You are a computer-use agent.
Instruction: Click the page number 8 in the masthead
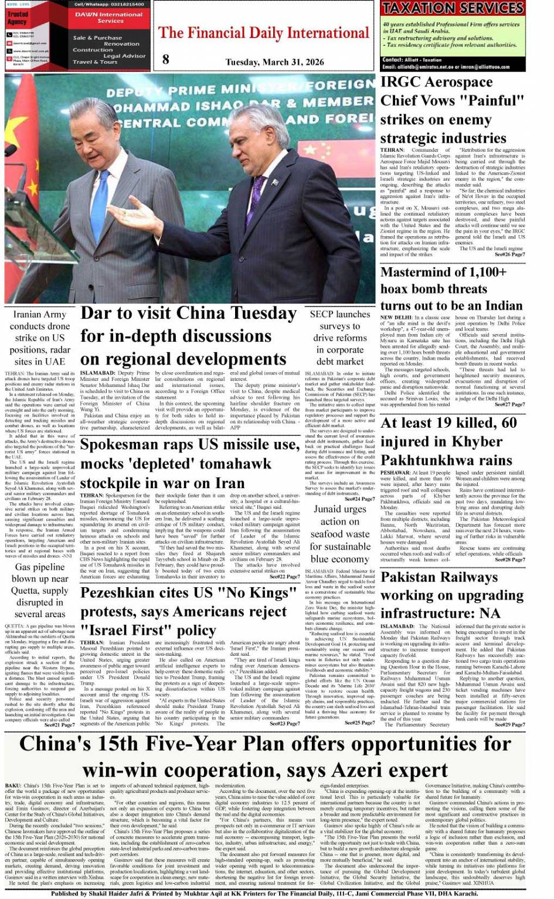(x=166, y=59)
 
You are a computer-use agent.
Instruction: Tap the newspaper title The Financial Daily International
(x=264, y=33)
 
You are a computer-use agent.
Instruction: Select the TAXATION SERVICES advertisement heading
(x=453, y=8)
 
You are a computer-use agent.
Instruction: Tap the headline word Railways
(x=468, y=577)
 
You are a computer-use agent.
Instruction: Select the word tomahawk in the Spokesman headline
(x=235, y=464)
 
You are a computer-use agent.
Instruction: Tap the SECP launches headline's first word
(x=321, y=314)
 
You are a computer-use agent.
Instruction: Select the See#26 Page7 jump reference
(x=509, y=254)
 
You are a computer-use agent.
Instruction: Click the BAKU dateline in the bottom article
(x=13, y=785)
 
